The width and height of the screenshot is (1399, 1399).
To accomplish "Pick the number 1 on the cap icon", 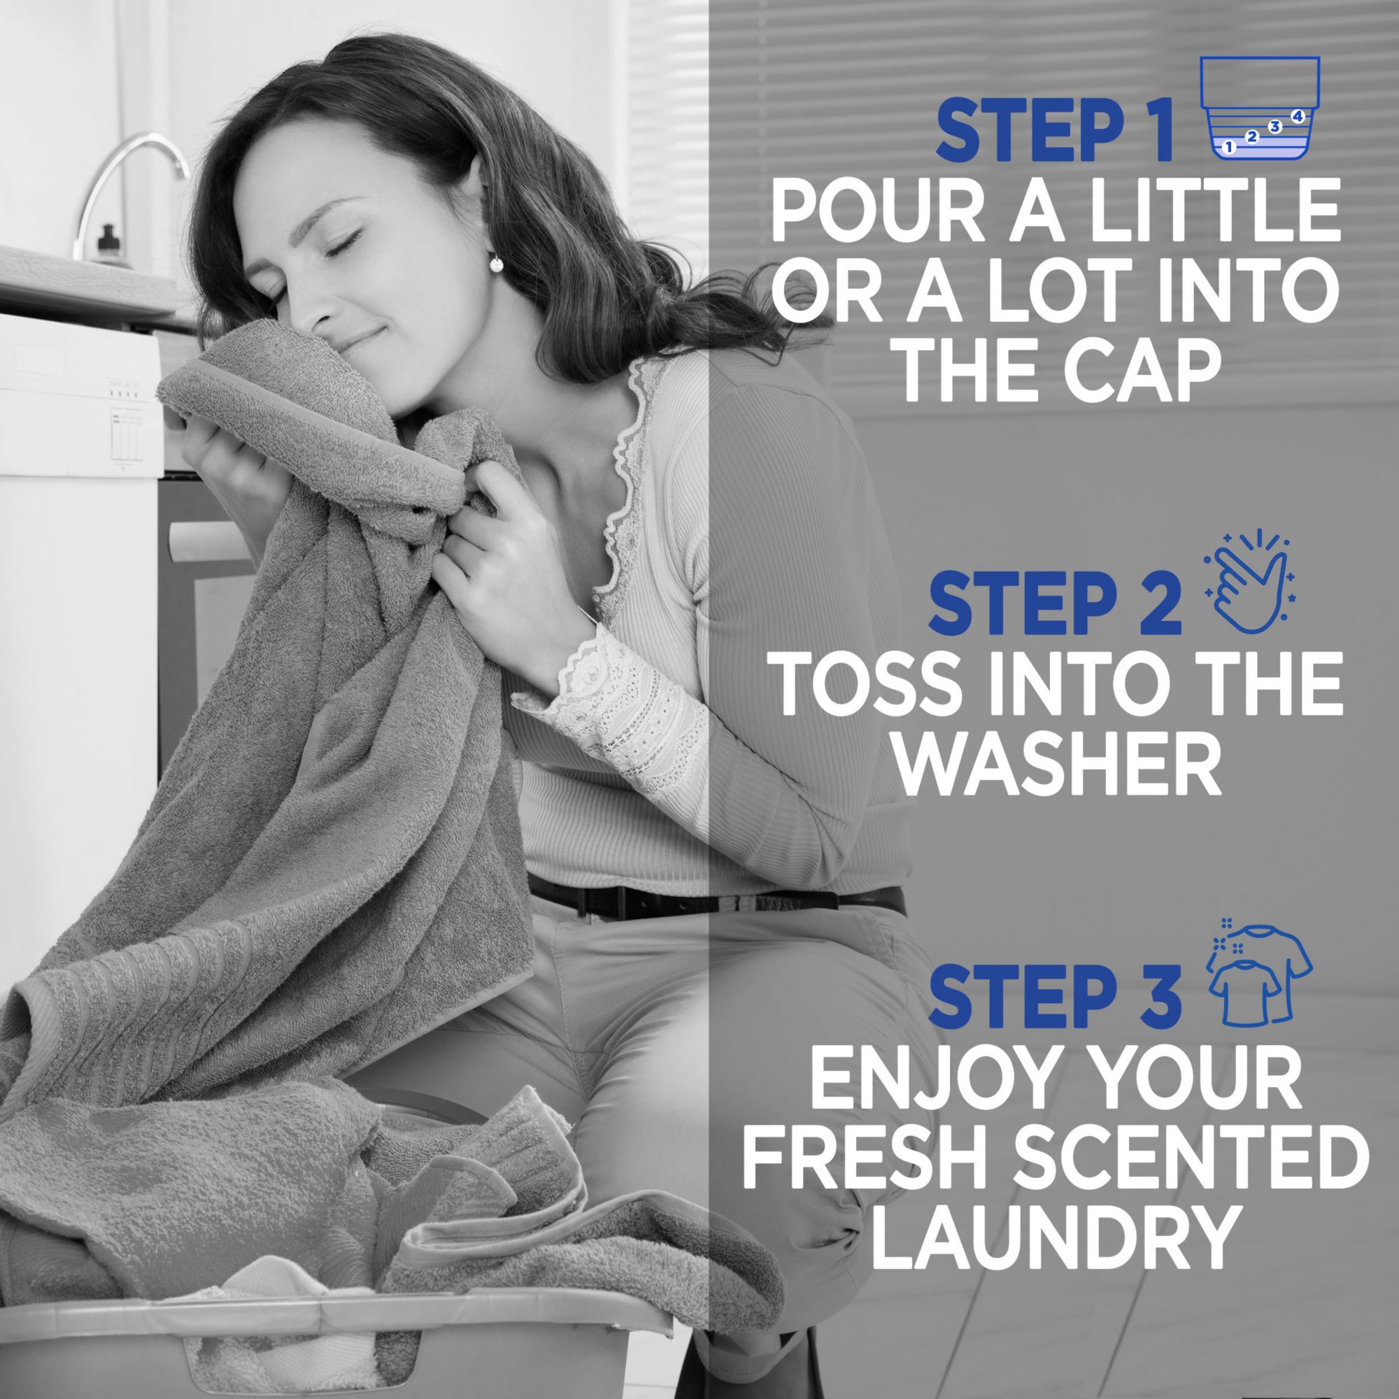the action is pyautogui.click(x=1228, y=147).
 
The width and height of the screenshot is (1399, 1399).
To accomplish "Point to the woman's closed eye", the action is pyautogui.click(x=341, y=243).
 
